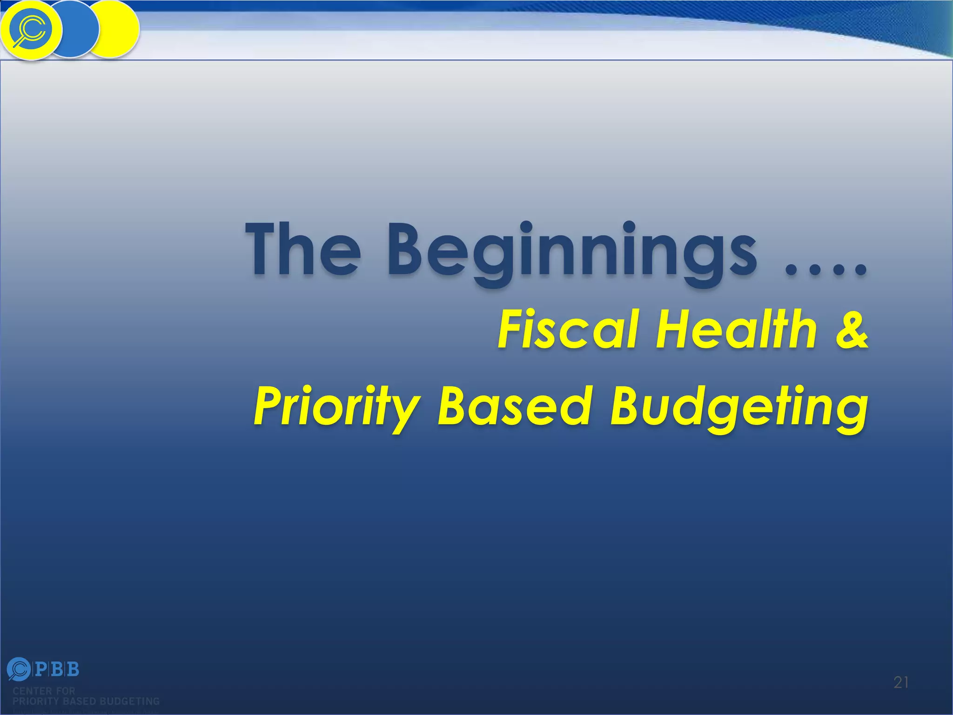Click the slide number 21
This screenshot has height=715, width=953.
(901, 682)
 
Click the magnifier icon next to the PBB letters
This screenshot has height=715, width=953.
(19, 669)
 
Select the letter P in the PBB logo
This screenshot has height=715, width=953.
(41, 669)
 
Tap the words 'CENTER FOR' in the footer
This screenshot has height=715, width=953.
(44, 691)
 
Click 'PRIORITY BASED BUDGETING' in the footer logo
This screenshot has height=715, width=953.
(86, 701)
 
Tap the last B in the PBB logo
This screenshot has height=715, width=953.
(73, 669)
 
